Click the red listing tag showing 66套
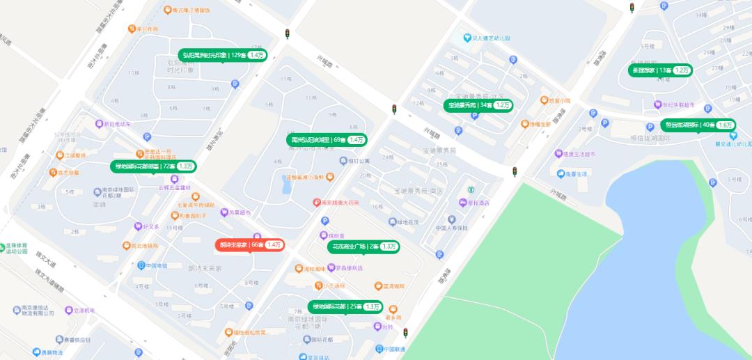[x=249, y=245]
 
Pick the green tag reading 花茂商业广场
[x=363, y=246]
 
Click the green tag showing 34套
[x=479, y=105]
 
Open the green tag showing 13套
[x=661, y=70]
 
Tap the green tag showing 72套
[x=154, y=166]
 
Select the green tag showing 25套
[x=346, y=306]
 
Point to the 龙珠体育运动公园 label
[x=21, y=249]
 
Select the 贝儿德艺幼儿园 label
[x=493, y=38]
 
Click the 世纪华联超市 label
[x=683, y=105]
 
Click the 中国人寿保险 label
[x=451, y=228]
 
